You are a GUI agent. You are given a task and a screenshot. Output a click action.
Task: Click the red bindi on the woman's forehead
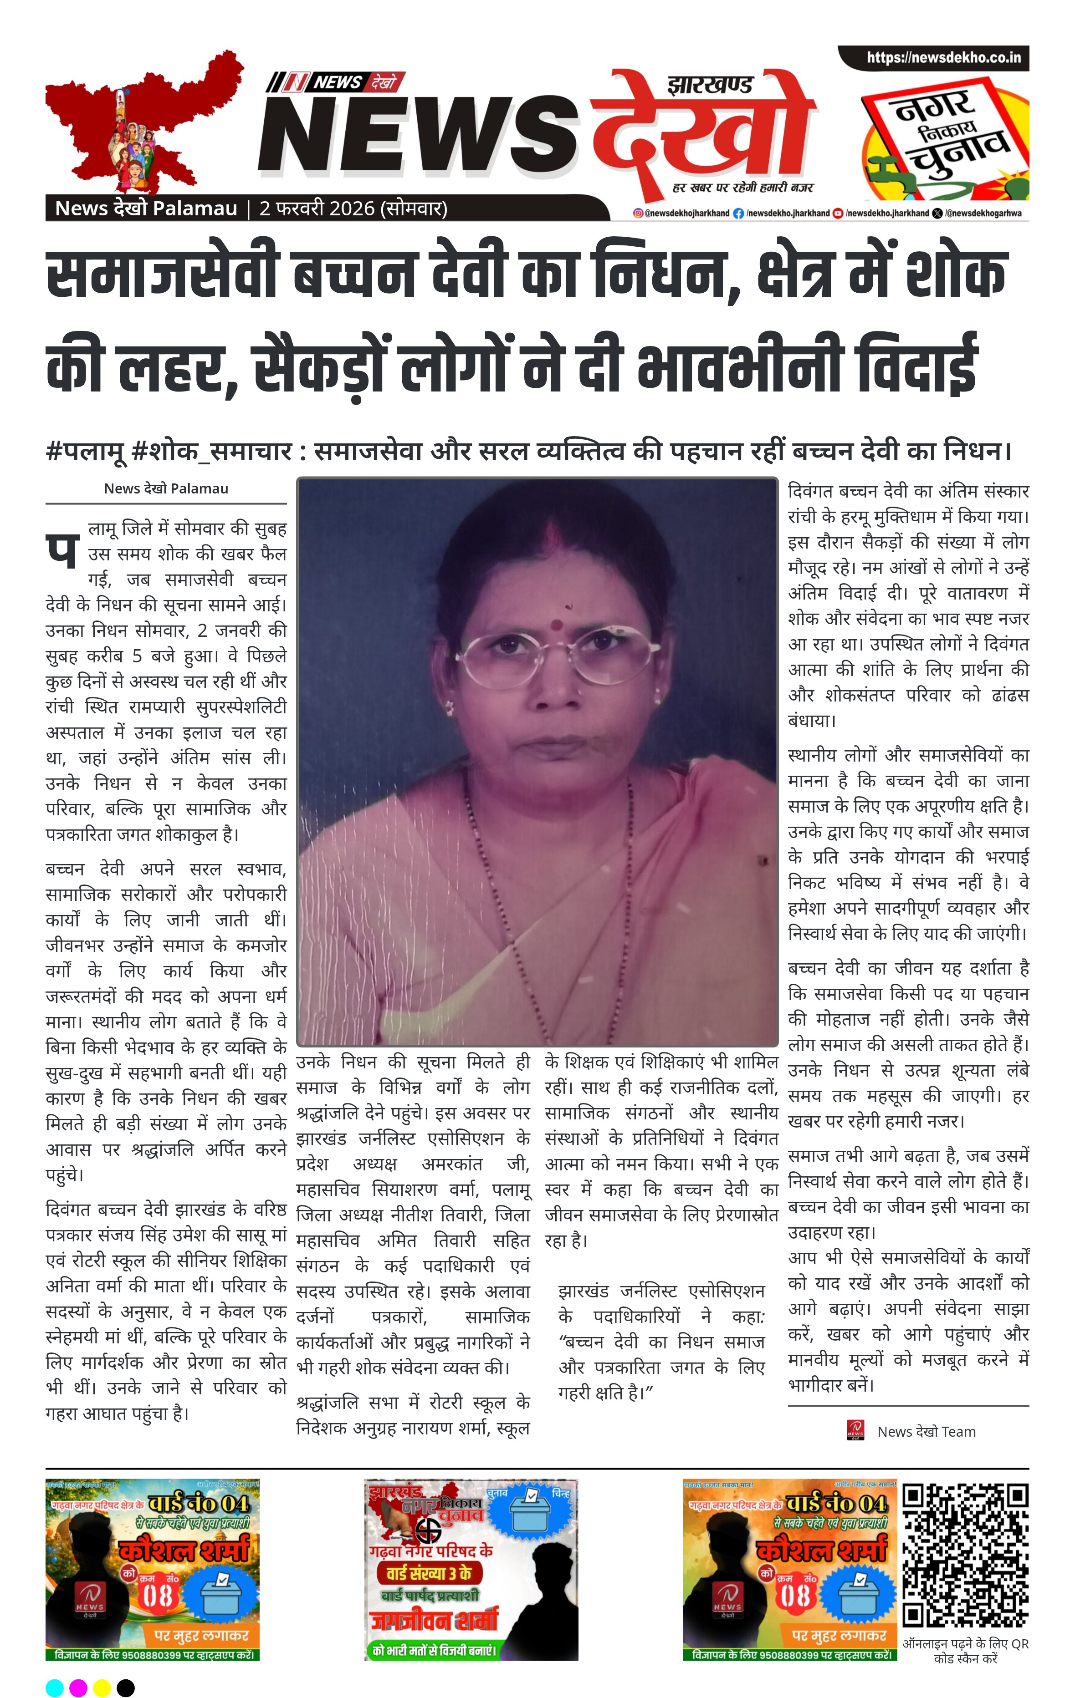pos(557,624)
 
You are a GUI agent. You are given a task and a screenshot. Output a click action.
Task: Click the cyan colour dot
pos(54,1688)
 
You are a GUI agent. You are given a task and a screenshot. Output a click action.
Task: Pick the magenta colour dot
pos(78,1688)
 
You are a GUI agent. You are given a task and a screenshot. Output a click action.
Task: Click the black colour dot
pos(126,1688)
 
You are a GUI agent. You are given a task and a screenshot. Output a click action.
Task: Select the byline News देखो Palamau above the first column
pos(166,488)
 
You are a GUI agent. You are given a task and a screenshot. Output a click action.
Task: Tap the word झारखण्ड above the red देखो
pos(710,86)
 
